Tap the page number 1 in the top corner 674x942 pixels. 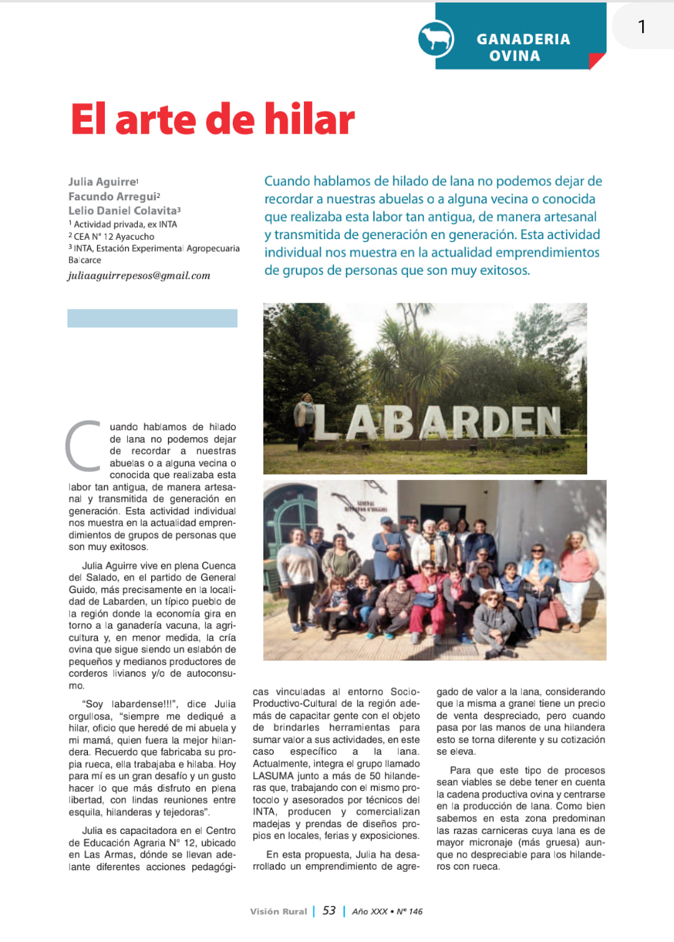tap(642, 27)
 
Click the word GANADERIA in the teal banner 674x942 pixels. tap(523, 39)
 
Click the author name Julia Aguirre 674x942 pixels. tap(102, 182)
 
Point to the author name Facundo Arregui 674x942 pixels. tap(112, 197)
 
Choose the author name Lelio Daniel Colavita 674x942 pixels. tap(122, 211)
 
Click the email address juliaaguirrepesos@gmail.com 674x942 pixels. tap(139, 275)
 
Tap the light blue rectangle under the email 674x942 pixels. tap(152, 318)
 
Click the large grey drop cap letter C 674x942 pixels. tap(84, 445)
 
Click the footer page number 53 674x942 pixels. tap(329, 911)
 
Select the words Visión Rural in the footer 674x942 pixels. tap(278, 911)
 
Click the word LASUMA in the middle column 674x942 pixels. tap(273, 775)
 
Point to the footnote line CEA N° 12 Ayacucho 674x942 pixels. tap(114, 237)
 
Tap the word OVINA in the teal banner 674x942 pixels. tap(514, 56)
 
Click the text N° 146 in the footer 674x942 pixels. tap(409, 911)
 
